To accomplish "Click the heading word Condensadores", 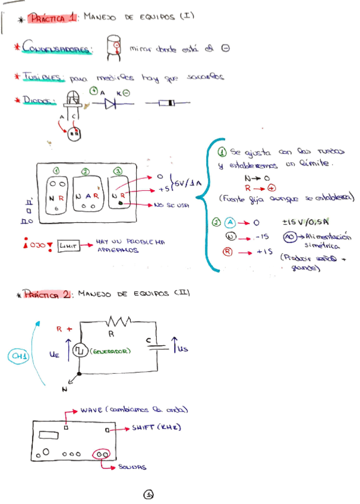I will (x=57, y=48).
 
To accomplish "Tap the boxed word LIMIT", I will (x=69, y=245).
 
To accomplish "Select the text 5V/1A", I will (x=189, y=182).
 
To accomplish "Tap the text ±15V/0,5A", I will (x=304, y=222).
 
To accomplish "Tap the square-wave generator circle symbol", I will (x=79, y=351).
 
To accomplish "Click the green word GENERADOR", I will (x=111, y=351).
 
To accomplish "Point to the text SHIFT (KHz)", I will (x=156, y=427).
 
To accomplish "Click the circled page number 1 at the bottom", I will (x=149, y=493).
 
